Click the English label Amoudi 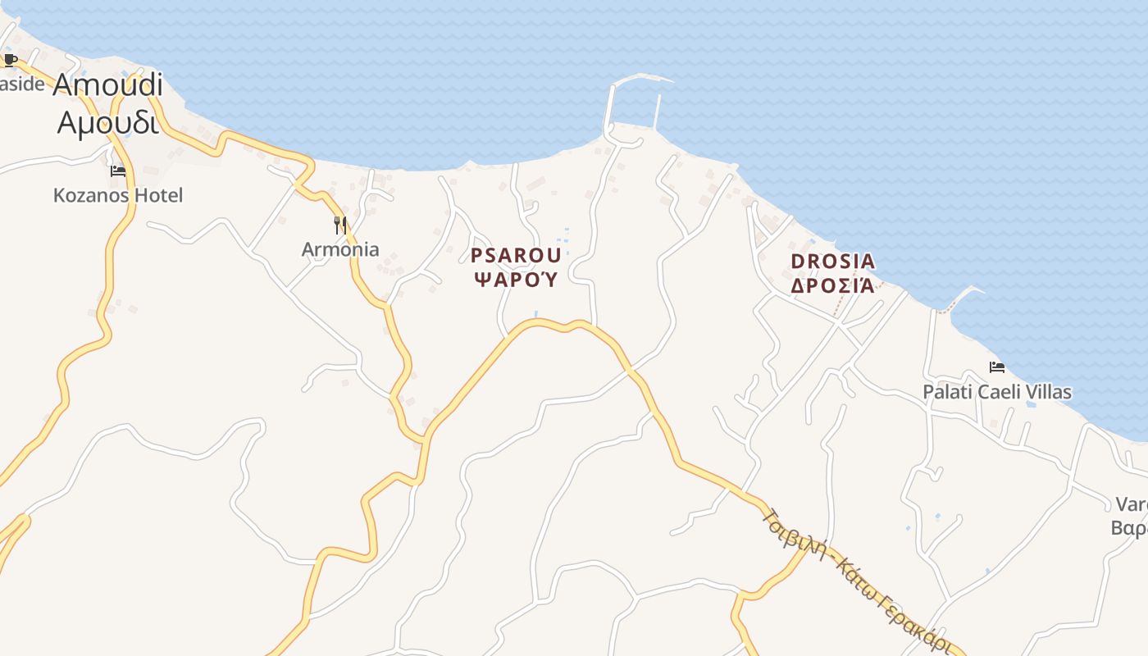point(107,85)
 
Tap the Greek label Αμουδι point(107,122)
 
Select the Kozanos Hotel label point(118,195)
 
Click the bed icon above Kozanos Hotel point(118,171)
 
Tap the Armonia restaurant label point(340,249)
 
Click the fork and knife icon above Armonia point(340,225)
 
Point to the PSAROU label point(516,255)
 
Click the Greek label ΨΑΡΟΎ point(517,280)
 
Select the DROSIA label point(832,262)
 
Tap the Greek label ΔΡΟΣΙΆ point(832,285)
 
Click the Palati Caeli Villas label point(997,392)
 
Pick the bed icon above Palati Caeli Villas point(997,367)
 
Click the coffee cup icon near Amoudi point(10,60)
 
